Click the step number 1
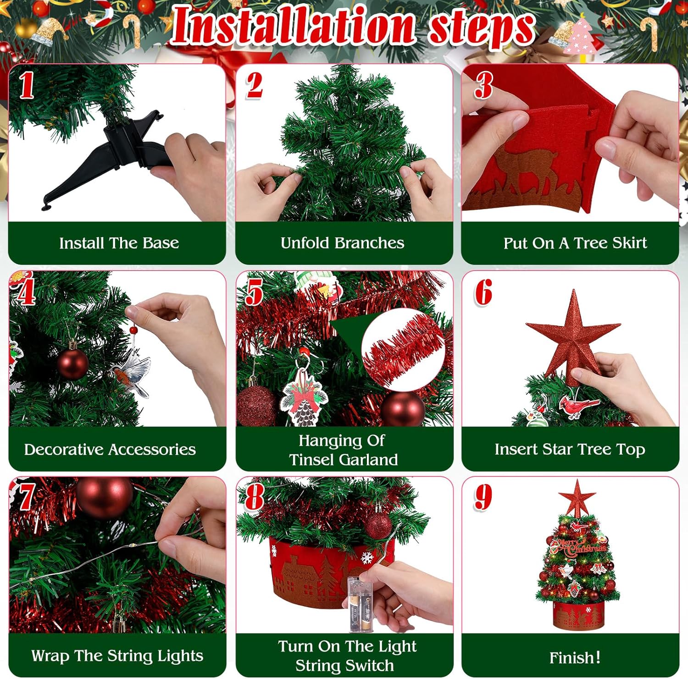(x=27, y=86)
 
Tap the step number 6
(x=483, y=292)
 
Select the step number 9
(x=483, y=497)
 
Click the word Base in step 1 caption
(x=161, y=243)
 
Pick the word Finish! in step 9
(x=575, y=657)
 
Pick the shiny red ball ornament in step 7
(x=105, y=497)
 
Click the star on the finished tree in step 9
(x=577, y=497)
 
